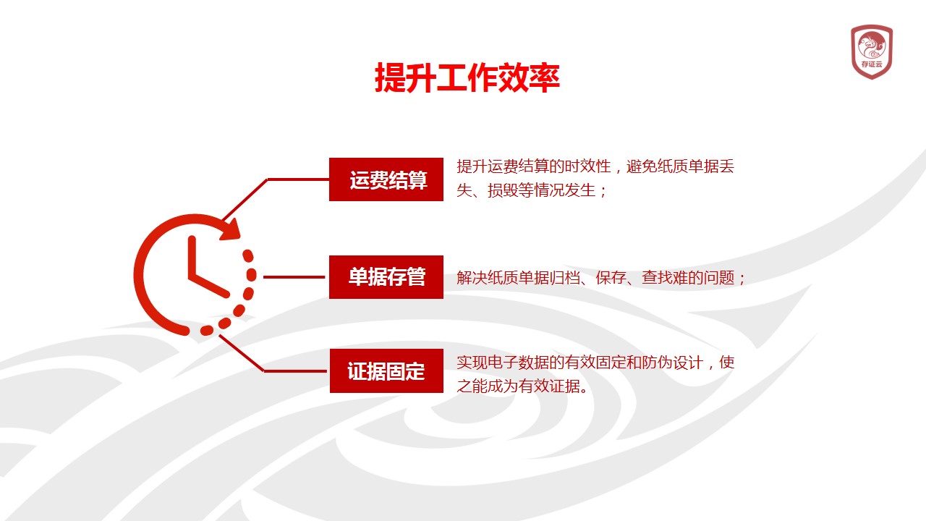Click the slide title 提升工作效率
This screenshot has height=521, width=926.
point(467,77)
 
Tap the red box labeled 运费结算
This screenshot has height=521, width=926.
point(386,179)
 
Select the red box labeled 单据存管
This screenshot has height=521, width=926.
point(386,277)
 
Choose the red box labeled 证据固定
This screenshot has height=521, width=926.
point(386,371)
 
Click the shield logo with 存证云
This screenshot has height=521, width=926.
point(872,51)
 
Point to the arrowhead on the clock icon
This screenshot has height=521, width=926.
point(231,230)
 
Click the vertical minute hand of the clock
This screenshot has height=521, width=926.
point(192,256)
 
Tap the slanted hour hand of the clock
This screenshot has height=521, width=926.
point(209,285)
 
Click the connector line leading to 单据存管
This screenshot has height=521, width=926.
point(294,277)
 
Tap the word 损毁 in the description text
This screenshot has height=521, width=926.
point(503,190)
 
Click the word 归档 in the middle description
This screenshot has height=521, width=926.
point(565,277)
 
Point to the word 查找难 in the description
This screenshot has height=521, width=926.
point(665,277)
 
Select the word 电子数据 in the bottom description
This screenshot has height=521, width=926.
point(519,363)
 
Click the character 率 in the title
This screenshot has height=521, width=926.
point(545,77)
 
